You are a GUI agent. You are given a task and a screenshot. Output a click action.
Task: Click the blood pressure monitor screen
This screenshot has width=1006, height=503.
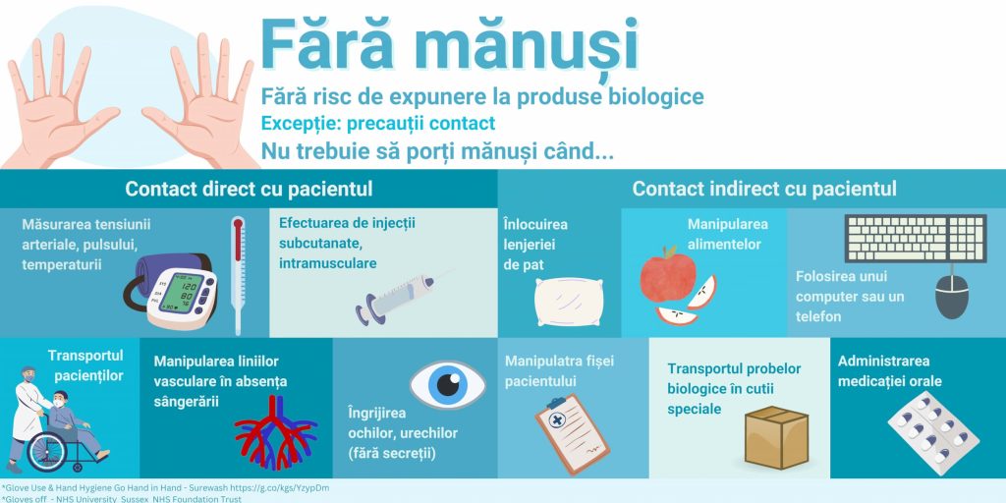[181, 293]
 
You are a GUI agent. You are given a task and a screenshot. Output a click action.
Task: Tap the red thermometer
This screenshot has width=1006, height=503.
[239, 274]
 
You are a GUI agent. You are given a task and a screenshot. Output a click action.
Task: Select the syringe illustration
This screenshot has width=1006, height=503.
[399, 298]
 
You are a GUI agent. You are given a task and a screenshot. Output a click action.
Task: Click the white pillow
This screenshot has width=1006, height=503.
[569, 302]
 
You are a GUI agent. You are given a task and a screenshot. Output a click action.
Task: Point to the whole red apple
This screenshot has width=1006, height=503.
[668, 274]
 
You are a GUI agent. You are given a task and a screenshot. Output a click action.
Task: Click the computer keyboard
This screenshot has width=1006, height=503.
[916, 239]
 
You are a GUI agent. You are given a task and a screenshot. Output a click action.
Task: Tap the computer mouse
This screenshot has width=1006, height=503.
[951, 296]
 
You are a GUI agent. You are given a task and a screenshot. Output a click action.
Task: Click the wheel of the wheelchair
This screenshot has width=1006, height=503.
[46, 451]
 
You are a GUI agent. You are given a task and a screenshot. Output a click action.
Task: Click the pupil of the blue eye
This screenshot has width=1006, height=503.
[448, 384]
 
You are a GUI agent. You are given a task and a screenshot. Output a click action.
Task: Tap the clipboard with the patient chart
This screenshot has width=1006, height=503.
[573, 432]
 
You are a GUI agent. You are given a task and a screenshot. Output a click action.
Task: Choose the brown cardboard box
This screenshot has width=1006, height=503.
[776, 437]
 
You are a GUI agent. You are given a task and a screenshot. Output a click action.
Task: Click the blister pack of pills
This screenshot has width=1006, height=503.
[933, 433]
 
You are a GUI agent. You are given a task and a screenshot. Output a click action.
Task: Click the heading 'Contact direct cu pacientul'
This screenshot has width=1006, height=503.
[249, 190]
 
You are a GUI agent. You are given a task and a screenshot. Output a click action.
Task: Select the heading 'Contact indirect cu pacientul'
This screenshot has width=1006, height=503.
[764, 190]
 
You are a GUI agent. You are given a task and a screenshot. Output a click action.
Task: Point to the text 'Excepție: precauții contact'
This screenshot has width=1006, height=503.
[378, 123]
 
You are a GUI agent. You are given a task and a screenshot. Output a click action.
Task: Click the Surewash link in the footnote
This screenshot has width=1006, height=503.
[165, 488]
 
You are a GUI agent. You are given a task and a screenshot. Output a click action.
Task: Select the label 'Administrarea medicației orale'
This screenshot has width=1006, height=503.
[890, 370]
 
